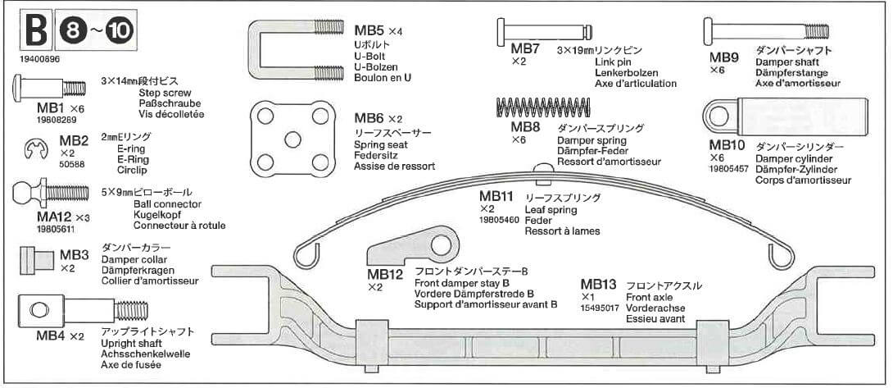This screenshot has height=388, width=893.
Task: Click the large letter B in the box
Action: (x=36, y=31)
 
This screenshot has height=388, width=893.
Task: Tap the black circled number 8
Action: (x=70, y=31)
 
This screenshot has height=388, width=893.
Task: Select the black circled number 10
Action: (x=118, y=31)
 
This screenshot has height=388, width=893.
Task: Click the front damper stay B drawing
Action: (x=413, y=250)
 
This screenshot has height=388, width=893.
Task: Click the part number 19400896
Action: (x=38, y=59)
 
